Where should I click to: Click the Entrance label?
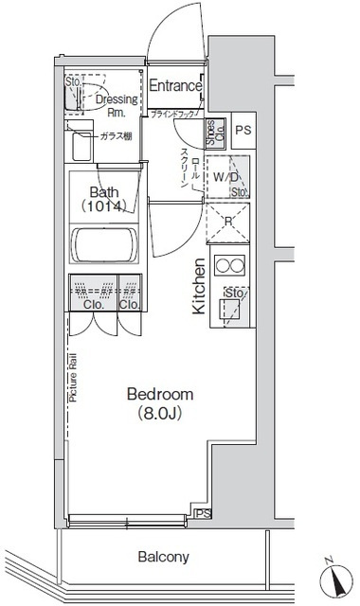[175, 86]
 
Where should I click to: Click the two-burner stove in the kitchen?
[229, 264]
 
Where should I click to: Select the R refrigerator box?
[227, 222]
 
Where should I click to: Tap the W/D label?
[225, 176]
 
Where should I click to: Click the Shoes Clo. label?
[215, 131]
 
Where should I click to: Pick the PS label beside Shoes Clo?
[243, 131]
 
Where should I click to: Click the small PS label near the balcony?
[201, 514]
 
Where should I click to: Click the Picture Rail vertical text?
[72, 380]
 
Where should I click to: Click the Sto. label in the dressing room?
[72, 83]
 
